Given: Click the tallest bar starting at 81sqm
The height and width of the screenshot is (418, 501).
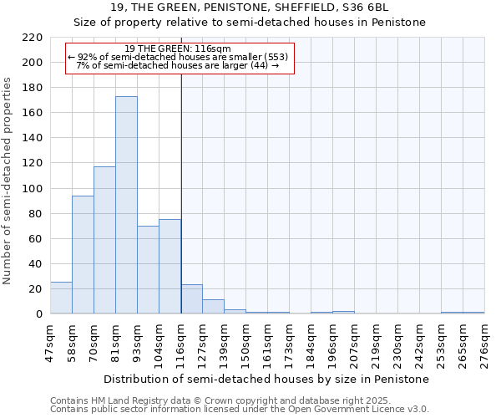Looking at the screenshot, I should [126, 205].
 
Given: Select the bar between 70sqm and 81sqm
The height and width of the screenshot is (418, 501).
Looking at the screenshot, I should [104, 240].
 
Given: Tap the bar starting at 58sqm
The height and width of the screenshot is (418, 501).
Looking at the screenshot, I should [83, 255].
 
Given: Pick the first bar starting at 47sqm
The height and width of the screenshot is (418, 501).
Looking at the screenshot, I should [61, 298].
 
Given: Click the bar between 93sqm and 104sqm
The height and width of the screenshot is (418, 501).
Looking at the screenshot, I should [148, 269].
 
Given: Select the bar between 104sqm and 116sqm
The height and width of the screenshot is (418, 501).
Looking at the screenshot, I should [170, 267].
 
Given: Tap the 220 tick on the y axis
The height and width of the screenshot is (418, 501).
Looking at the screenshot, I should [33, 38].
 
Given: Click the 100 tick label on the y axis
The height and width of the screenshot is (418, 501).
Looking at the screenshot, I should [33, 188].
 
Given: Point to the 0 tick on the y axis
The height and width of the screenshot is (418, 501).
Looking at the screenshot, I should [38, 314].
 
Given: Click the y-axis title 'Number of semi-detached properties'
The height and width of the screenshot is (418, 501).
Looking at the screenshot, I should [8, 181].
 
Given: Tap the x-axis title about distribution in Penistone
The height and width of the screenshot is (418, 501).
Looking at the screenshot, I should [266, 379].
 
